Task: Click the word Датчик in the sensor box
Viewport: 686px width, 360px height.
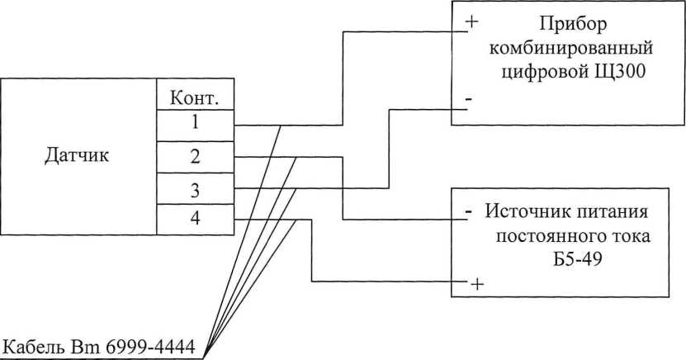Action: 76,155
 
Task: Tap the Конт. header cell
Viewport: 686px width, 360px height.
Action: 194,98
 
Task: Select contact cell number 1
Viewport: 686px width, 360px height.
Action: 195,125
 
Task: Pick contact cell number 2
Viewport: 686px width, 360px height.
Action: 195,156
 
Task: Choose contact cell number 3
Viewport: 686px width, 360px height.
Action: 195,190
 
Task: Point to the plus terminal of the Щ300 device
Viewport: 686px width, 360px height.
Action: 471,21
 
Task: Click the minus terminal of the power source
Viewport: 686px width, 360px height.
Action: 468,212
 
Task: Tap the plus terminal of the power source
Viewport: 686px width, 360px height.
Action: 476,284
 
